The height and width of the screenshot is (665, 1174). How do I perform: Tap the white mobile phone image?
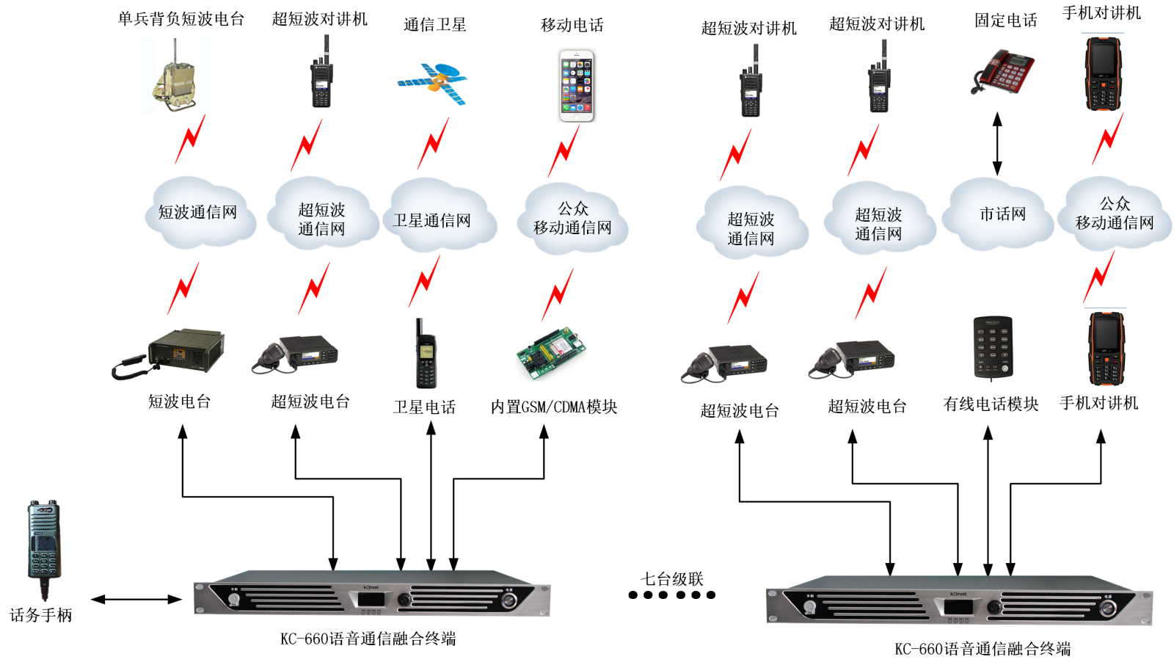577,85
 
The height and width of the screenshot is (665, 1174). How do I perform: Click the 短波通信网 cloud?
199,213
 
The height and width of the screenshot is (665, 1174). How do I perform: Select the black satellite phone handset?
426,355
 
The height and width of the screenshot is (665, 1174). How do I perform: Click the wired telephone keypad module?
993,347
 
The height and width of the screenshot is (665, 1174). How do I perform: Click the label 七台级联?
672,578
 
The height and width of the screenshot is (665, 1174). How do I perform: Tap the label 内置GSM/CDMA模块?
554,407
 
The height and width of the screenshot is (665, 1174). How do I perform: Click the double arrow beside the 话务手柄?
136,600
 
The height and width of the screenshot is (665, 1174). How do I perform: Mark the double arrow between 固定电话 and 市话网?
997,144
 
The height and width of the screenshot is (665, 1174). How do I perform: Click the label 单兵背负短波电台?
181,19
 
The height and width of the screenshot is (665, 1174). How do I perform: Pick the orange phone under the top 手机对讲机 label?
1104,73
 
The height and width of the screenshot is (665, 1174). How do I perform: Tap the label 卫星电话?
424,407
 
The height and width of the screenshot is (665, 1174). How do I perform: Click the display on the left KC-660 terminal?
371,599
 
